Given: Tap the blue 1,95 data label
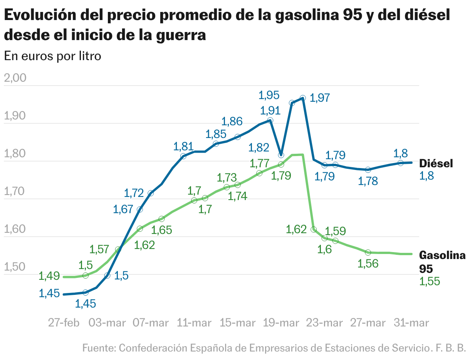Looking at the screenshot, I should (269, 95).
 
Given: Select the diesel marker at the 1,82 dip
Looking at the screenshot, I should (281, 155).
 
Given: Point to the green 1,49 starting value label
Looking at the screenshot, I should (49, 276).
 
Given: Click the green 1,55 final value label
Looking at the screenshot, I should (430, 282).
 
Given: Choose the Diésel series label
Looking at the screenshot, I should (436, 163).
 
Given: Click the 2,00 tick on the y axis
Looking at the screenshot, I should (15, 78).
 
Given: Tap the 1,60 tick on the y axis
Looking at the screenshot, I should (15, 230).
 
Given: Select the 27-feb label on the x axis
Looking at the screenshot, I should (64, 323).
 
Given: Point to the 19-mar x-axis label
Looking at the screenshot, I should (280, 323).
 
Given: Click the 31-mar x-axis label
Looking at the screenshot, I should (411, 323).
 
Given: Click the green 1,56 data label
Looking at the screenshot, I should (368, 264).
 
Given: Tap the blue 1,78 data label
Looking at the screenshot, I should (368, 181).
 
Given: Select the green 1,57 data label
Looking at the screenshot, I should (99, 249).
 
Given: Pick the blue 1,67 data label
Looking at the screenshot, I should (123, 209).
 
